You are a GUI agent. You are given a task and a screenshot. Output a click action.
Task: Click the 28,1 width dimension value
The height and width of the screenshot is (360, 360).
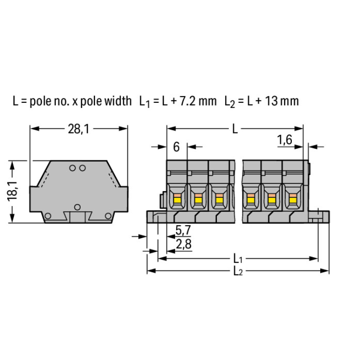coord(79,129)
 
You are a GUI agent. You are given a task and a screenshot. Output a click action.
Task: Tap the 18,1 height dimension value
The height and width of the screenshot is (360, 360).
coord(12,191)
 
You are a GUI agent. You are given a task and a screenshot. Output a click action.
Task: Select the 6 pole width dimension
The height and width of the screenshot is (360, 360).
coord(176,147)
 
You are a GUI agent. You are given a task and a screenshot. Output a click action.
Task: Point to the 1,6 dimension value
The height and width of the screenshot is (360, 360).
coord(285,140)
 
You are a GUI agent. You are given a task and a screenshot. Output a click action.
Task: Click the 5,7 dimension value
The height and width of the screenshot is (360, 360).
coord(183,230)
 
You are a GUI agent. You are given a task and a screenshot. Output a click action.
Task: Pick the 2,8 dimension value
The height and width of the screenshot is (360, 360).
coord(184,244)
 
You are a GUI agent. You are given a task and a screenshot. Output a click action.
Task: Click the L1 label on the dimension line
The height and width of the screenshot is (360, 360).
coord(238,259)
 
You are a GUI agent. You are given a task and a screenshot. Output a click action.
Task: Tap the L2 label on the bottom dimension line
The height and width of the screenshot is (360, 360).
coord(238,271)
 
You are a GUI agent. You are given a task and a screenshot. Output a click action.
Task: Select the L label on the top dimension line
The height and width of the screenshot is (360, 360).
coord(235,129)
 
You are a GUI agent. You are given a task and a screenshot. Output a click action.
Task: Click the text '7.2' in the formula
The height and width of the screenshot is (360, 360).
coord(186,101)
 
